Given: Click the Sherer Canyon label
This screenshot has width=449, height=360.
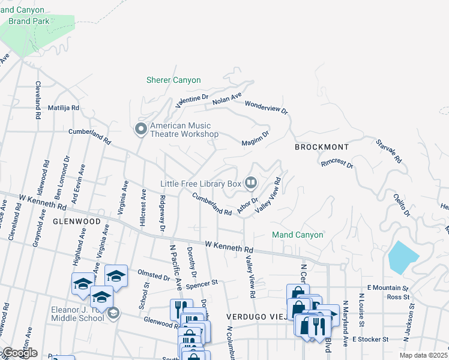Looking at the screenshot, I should tap(173, 80).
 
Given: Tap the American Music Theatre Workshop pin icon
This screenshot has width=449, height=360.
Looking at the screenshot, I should tap(140, 129).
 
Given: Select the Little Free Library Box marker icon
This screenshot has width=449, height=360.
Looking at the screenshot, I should tap(252, 182).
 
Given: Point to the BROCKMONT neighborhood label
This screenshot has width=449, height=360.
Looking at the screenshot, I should tap(321, 147).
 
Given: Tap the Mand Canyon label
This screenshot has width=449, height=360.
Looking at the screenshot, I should tap(298, 235).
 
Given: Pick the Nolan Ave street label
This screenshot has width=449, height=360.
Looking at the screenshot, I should tap(227, 100).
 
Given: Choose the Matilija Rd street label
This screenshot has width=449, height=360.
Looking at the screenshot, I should tap(64, 108).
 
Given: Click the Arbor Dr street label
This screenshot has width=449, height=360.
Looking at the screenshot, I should tap(247, 205).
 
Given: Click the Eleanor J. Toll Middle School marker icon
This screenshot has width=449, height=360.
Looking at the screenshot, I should tap(113, 313).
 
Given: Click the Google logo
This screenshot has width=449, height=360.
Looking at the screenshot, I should tap(19, 353).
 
